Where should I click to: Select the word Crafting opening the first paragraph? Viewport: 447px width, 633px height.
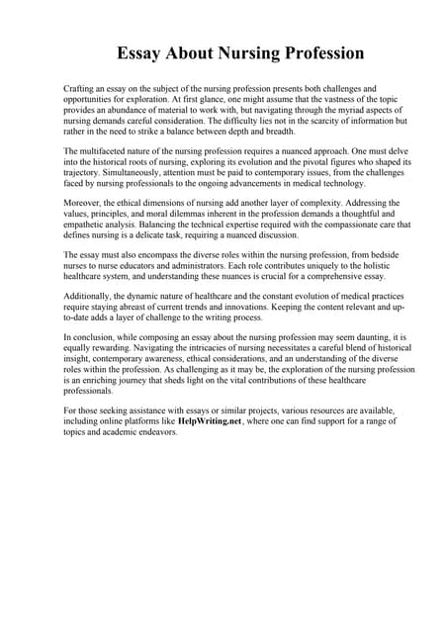tap(80, 89)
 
